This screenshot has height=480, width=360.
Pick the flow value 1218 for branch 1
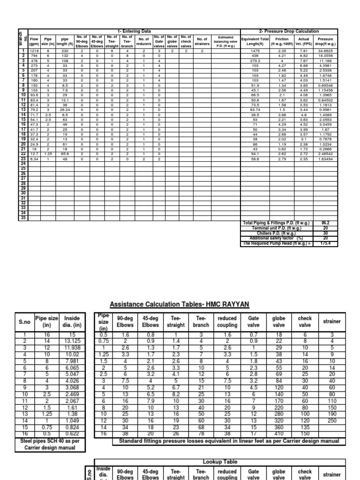point(34,51)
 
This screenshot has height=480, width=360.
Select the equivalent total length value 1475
point(255,51)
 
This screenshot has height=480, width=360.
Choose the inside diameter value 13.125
point(69,340)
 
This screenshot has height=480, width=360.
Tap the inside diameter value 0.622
point(69,434)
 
